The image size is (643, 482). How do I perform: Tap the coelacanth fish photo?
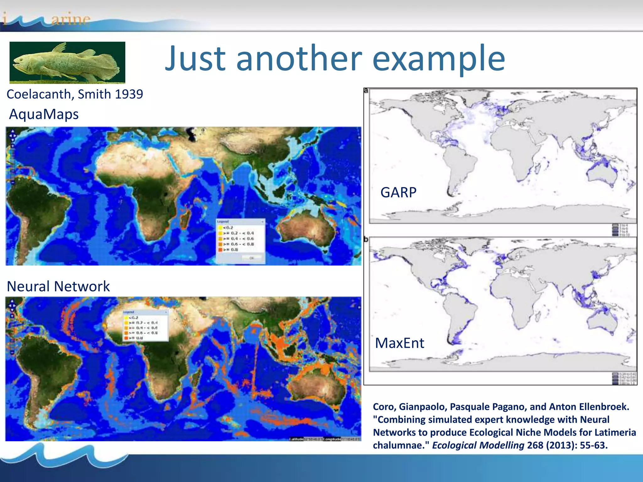pyautogui.click(x=67, y=62)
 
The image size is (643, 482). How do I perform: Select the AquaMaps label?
pyautogui.click(x=44, y=114)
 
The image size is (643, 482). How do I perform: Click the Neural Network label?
pyautogui.click(x=58, y=286)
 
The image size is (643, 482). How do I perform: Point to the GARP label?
pyautogui.click(x=398, y=192)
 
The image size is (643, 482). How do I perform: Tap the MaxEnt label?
pyautogui.click(x=399, y=343)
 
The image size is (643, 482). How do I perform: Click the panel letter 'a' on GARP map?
pyautogui.click(x=366, y=91)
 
